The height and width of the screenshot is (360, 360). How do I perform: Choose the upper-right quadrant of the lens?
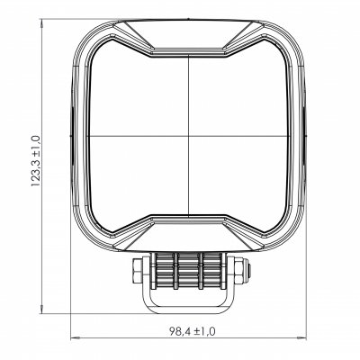pos(238,94)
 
